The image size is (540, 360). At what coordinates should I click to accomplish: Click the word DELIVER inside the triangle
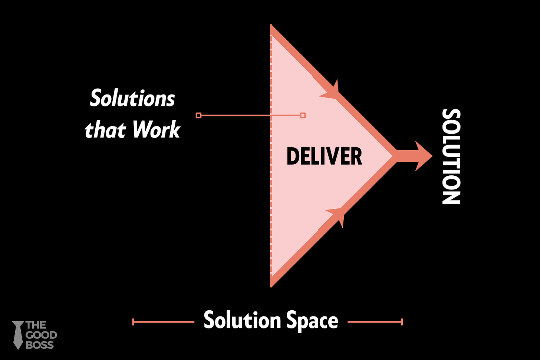tap(324, 156)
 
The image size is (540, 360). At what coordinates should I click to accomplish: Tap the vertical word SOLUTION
tap(451, 156)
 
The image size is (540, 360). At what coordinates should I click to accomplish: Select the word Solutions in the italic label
tap(132, 99)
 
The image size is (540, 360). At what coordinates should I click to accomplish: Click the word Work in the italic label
tap(156, 129)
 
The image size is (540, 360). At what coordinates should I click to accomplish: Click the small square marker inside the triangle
tap(303, 116)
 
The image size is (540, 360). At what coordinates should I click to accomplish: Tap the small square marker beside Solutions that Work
tap(198, 116)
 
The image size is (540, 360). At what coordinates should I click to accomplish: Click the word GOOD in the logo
tap(41, 335)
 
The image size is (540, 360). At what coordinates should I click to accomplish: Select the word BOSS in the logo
tap(40, 345)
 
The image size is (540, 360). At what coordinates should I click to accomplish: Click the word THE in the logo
tap(36, 326)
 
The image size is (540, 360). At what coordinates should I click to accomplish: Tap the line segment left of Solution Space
tap(164, 322)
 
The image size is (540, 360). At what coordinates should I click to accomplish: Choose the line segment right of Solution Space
tap(375, 322)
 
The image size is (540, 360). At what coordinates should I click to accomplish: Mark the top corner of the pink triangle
tap(271, 27)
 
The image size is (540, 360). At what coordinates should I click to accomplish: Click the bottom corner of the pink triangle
tap(271, 285)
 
